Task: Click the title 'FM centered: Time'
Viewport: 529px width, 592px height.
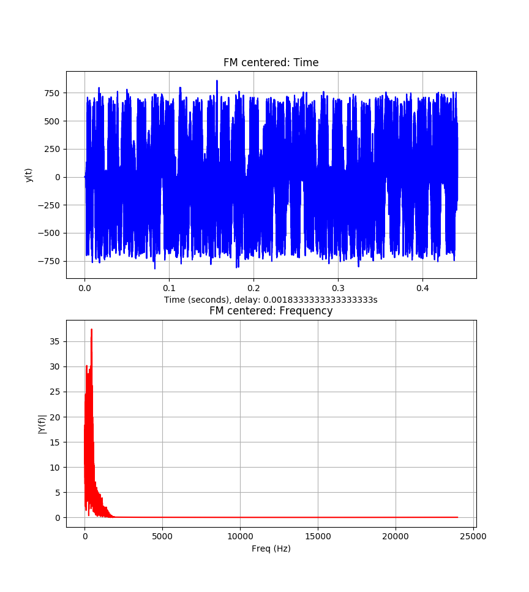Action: coord(271,63)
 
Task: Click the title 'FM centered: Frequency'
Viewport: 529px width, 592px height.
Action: coord(271,311)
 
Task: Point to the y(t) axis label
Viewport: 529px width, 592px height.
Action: coord(29,175)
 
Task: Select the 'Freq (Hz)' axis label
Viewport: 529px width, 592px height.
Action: coord(271,548)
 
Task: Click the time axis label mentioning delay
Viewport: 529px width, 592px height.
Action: coord(271,300)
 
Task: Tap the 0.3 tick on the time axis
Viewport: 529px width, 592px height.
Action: coord(338,287)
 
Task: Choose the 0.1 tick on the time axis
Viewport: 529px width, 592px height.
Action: coord(169,287)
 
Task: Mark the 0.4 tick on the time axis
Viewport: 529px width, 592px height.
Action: coord(422,287)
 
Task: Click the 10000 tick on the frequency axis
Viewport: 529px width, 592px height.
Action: coord(240,536)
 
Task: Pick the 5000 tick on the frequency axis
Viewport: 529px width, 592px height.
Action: coord(162,536)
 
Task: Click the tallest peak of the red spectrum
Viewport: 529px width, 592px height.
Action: coord(91,330)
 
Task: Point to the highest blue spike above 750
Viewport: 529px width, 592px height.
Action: coord(217,81)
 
